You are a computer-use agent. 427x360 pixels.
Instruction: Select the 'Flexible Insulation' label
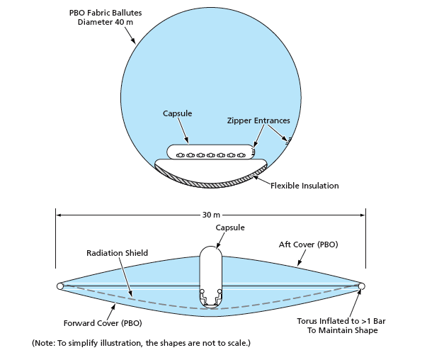pos(304,186)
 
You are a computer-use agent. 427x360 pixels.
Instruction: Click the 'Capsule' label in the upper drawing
pos(177,113)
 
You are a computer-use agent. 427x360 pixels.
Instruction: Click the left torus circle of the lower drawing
pos(60,286)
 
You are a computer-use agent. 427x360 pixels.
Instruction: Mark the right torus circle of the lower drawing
pos(362,286)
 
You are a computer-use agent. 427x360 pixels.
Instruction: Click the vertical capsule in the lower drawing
pos(210,273)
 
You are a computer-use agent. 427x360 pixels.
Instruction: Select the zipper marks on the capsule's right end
pos(252,152)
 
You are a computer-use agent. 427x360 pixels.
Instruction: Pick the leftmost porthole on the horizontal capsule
pos(180,154)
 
